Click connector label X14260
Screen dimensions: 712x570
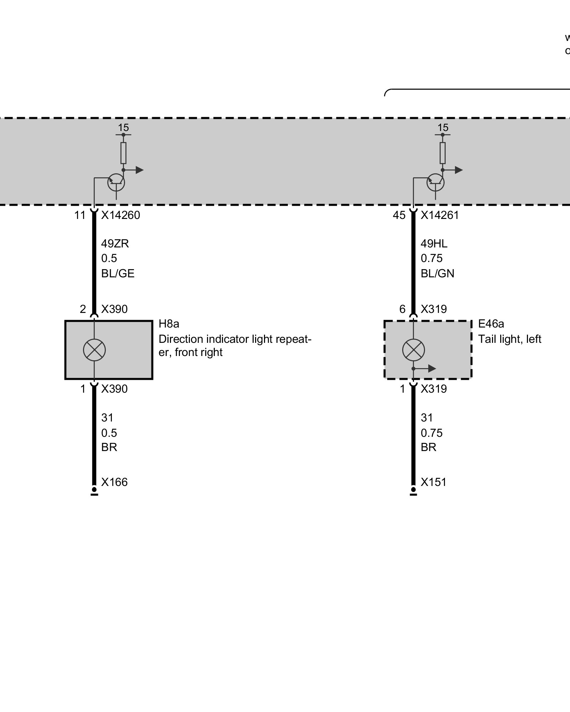(x=120, y=215)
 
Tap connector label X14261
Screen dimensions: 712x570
(x=440, y=215)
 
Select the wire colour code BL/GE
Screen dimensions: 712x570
(x=118, y=273)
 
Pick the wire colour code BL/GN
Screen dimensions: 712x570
(x=437, y=273)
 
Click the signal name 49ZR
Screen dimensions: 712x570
(x=115, y=244)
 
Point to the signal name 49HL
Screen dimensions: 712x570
(x=434, y=244)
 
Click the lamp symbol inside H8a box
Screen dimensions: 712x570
(x=94, y=350)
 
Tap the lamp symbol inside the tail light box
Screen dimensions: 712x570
(x=414, y=350)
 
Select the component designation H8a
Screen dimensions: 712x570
(x=169, y=324)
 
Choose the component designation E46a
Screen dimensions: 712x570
(x=491, y=324)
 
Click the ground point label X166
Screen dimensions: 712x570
(x=114, y=482)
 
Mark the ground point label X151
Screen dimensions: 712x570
(x=433, y=482)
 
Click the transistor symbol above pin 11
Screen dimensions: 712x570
(x=116, y=182)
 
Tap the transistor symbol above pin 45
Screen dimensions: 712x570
(x=435, y=182)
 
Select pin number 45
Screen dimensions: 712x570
(x=399, y=215)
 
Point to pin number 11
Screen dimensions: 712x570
(x=80, y=215)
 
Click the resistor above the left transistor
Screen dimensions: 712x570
(x=123, y=153)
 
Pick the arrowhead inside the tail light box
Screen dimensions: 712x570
(x=432, y=368)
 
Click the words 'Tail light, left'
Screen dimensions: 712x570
(x=509, y=339)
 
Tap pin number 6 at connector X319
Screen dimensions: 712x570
(x=402, y=309)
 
